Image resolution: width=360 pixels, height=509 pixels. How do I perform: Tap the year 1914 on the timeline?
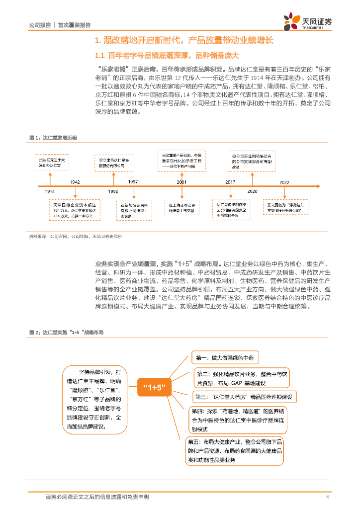(49, 191)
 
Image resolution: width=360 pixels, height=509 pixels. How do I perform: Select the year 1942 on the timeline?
(75, 182)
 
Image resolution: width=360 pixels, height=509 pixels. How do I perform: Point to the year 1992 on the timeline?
(113, 191)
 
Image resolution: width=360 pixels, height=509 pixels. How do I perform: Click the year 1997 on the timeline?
(132, 182)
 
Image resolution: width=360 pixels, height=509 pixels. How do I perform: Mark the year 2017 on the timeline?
(230, 182)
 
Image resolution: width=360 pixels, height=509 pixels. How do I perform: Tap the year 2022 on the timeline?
(284, 182)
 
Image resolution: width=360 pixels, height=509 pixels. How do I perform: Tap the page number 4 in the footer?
(327, 497)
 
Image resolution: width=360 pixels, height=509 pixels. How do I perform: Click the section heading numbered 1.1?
(167, 54)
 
